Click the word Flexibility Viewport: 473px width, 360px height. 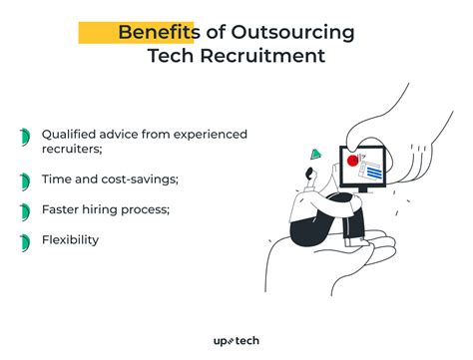pyautogui.click(x=71, y=240)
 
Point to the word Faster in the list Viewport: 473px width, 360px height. pyautogui.click(x=63, y=210)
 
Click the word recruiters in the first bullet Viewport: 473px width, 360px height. pyautogui.click(x=73, y=151)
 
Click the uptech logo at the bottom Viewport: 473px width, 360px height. pyautogui.click(x=236, y=341)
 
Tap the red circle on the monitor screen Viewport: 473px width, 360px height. pyautogui.click(x=351, y=158)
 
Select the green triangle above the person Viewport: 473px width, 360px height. pyautogui.click(x=316, y=154)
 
